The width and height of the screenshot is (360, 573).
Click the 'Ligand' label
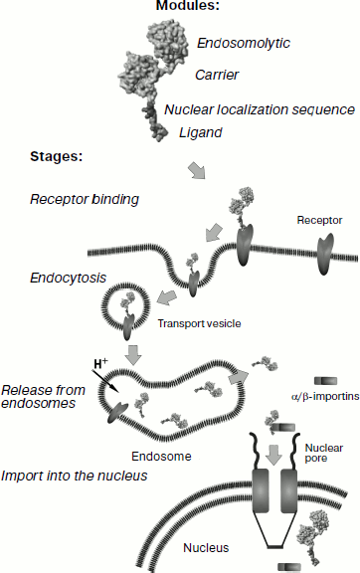point(200,131)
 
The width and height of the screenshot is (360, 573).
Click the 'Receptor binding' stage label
point(83,199)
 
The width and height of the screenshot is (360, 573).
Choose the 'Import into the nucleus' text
point(75,476)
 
